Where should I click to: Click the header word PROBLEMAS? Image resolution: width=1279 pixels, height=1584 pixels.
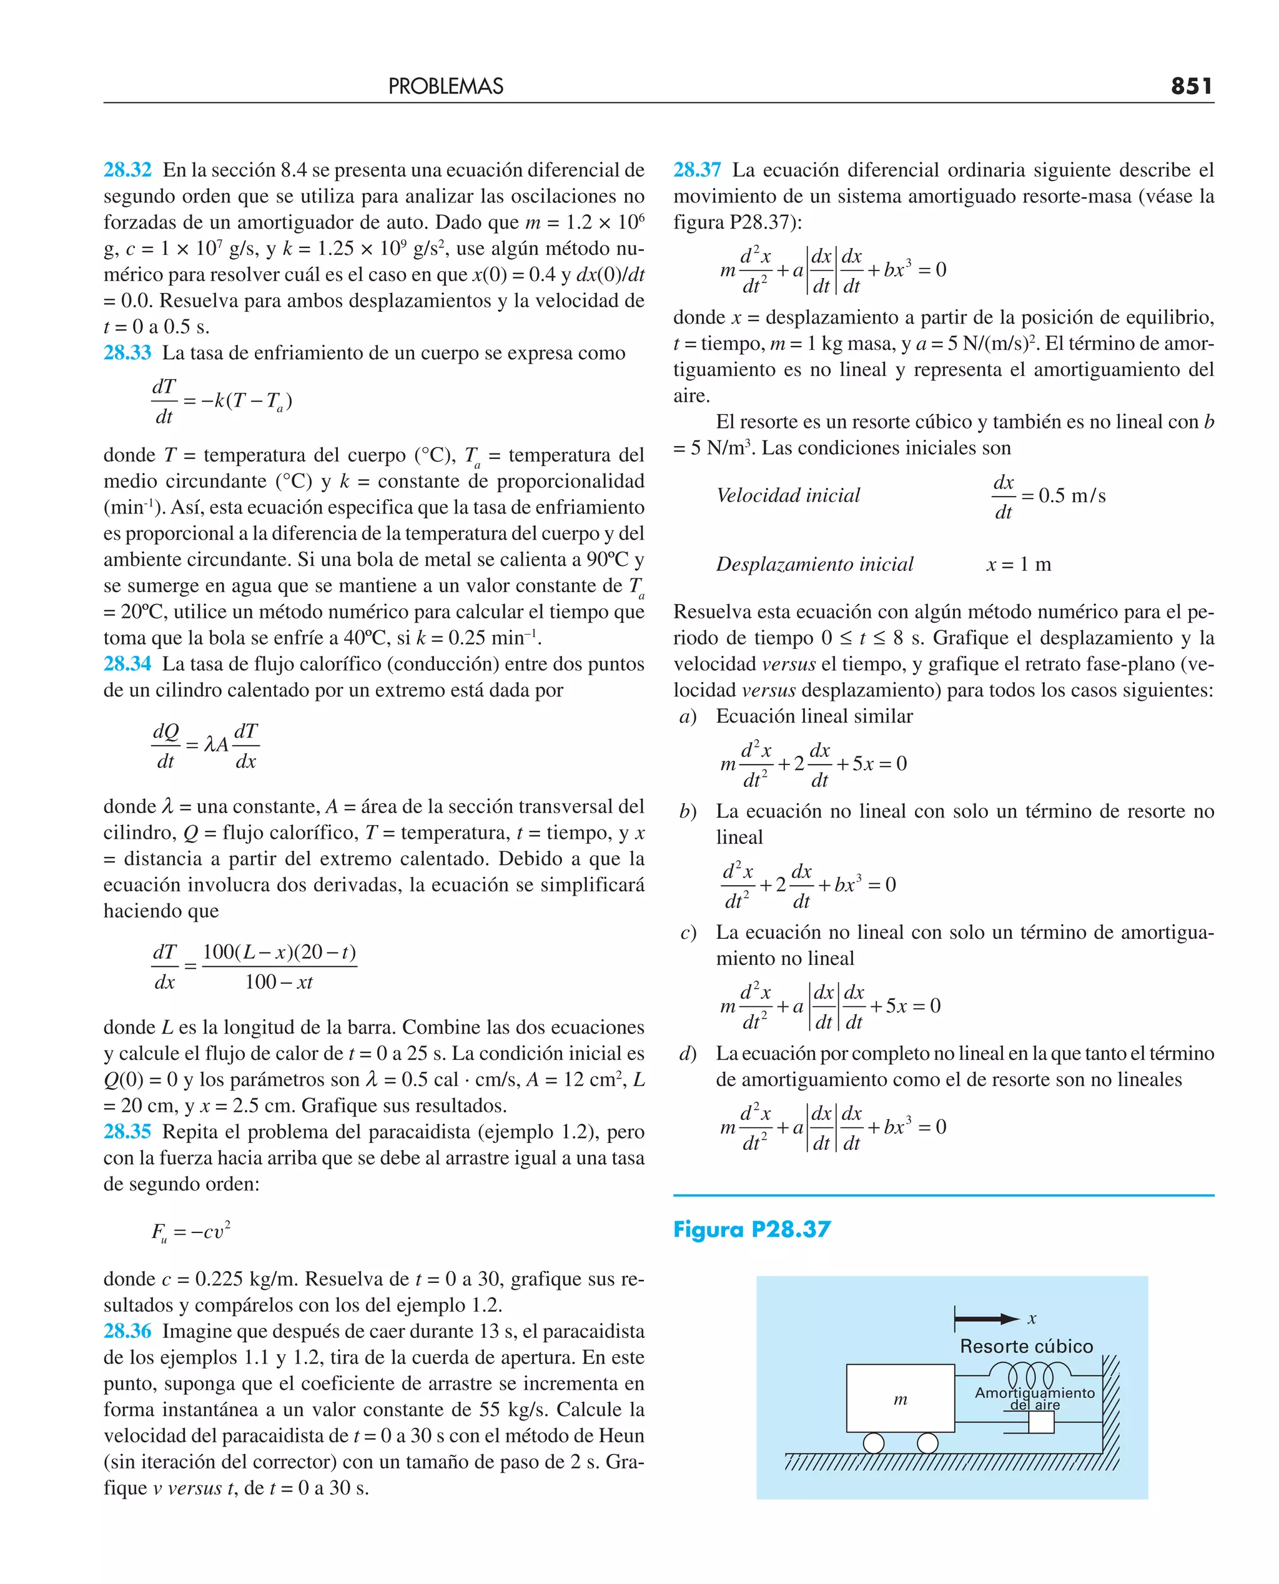pos(446,86)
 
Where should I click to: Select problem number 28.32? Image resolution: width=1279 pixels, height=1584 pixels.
pos(127,170)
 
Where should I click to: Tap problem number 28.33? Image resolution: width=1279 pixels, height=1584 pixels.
pos(127,353)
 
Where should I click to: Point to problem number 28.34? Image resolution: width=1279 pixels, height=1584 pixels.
pos(127,664)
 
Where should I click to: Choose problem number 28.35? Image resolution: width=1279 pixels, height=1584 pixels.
pos(127,1132)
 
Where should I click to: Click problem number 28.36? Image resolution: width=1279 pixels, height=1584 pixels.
pos(127,1330)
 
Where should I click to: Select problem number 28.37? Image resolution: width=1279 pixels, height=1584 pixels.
pos(697,170)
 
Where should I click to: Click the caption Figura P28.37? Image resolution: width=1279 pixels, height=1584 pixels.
pos(751,1229)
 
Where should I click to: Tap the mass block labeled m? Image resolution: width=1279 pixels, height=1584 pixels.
pos(901,1398)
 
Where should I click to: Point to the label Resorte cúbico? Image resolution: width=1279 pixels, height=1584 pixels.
pos(1026,1346)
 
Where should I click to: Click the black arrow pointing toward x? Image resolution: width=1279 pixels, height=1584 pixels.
pos(987,1319)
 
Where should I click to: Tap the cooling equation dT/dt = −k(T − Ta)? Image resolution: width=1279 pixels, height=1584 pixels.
pos(221,402)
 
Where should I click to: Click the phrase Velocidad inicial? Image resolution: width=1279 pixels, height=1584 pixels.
pos(788,495)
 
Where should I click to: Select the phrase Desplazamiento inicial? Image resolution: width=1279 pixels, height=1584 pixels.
pos(814,565)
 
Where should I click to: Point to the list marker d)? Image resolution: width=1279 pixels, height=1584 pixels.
pos(688,1054)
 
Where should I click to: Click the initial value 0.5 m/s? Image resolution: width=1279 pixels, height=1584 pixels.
pos(1072,495)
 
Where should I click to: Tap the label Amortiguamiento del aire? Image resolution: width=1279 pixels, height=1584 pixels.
pos(1034,1398)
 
